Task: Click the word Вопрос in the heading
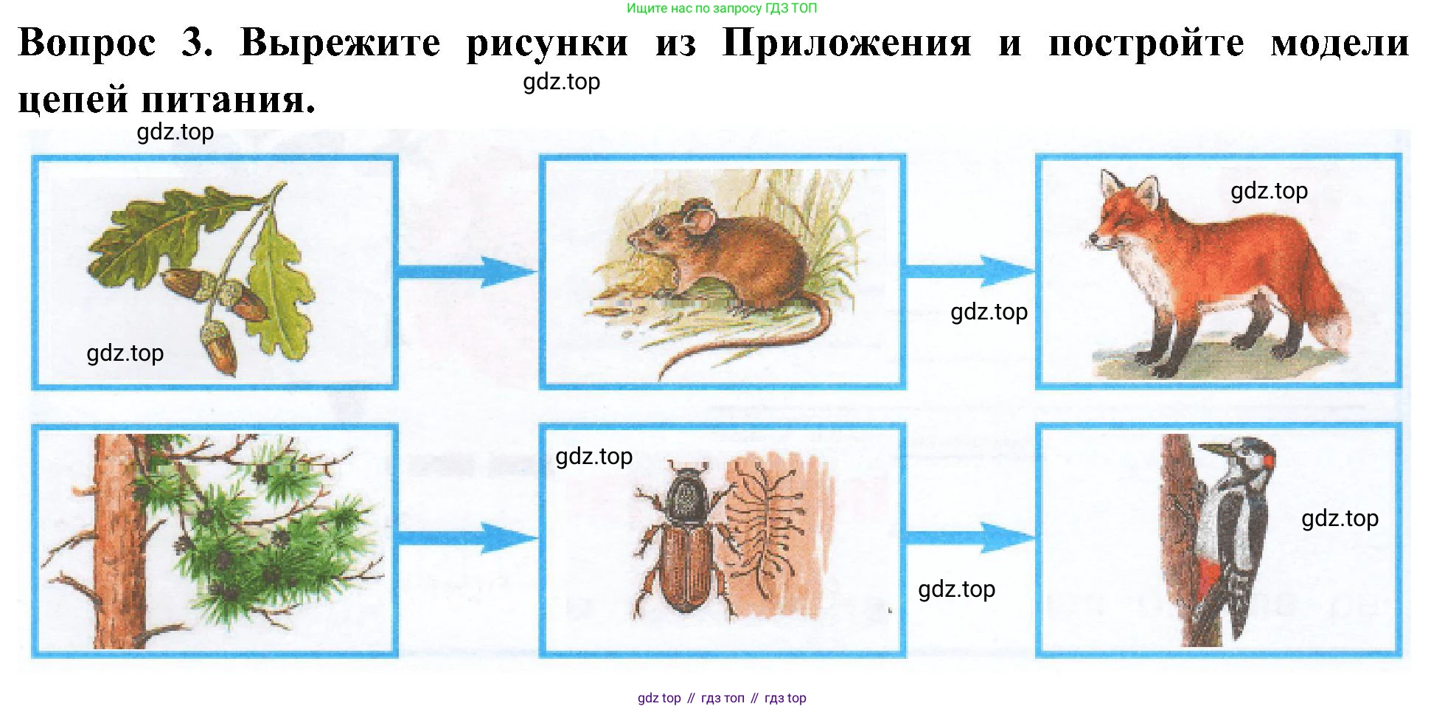point(87,43)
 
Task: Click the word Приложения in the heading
point(846,43)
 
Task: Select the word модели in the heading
point(1340,43)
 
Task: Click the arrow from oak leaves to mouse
point(467,272)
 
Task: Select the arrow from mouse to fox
point(970,272)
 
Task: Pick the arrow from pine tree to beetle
point(467,539)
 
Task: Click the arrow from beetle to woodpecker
point(970,539)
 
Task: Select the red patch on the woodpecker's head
point(1269,460)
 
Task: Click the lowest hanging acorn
point(220,349)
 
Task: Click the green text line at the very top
point(722,8)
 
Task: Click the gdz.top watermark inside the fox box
point(1269,190)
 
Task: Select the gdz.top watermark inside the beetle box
point(593,456)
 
